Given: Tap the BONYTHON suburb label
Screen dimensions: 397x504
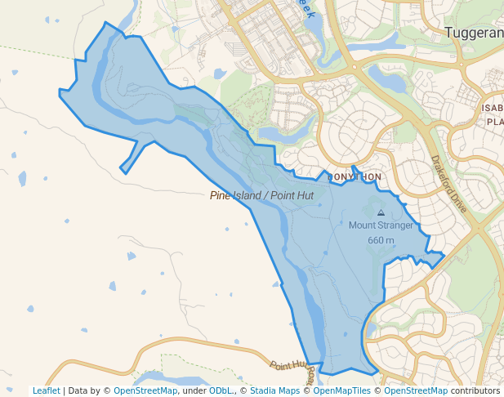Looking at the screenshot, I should [x=355, y=176].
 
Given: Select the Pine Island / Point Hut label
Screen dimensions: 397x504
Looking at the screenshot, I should [x=261, y=195].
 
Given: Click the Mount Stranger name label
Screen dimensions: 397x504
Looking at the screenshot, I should [x=381, y=225].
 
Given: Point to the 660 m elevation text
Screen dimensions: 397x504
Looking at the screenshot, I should [x=381, y=240].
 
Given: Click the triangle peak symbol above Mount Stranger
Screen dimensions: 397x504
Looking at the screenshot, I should [x=381, y=212].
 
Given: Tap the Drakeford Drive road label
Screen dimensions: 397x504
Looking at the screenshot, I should [x=448, y=185].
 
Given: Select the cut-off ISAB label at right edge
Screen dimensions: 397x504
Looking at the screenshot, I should [x=493, y=108].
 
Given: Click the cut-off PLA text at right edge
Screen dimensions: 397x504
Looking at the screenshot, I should [x=495, y=122].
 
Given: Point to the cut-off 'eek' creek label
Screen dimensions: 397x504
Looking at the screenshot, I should [x=306, y=8].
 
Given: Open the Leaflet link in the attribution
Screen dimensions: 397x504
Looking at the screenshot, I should [x=47, y=390].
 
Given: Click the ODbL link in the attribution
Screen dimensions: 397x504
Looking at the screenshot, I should [x=221, y=390].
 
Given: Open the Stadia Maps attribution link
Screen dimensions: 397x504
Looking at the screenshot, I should [x=274, y=390].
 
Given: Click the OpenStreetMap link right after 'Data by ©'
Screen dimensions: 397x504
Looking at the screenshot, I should [x=145, y=390].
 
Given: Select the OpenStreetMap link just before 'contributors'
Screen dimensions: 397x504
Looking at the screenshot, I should [x=416, y=390].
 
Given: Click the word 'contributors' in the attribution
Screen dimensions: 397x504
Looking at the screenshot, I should [x=475, y=390].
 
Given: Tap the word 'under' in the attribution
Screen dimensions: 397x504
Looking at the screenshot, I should [x=194, y=390].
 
